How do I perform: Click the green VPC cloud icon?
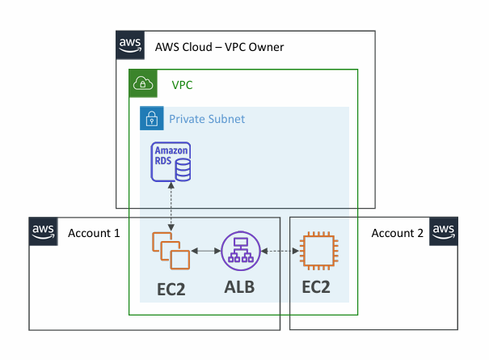[x=143, y=83]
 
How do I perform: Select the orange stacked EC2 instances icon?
[x=171, y=251]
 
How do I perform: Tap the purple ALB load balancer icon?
[x=240, y=251]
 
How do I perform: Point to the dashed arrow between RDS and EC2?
[x=171, y=205]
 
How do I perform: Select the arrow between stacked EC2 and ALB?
[x=206, y=252]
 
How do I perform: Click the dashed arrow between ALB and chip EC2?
[x=279, y=252]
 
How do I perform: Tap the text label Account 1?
[x=94, y=234]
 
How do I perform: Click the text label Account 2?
[x=397, y=234]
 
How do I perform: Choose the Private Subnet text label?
[x=206, y=119]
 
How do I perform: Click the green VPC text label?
[x=182, y=84]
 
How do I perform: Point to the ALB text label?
[x=240, y=287]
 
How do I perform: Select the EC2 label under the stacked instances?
[x=171, y=288]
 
